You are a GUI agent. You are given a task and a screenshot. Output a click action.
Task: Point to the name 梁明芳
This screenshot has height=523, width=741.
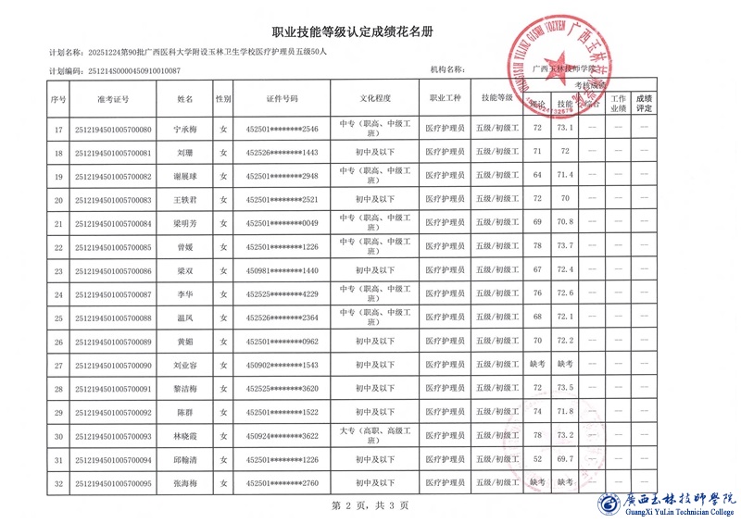pyautogui.click(x=185, y=223)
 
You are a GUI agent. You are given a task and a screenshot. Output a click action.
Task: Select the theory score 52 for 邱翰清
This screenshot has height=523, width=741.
pyautogui.click(x=537, y=459)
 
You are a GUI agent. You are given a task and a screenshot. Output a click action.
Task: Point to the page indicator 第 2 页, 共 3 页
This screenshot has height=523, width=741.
pyautogui.click(x=370, y=505)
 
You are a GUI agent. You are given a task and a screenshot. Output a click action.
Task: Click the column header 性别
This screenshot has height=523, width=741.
pyautogui.click(x=223, y=98)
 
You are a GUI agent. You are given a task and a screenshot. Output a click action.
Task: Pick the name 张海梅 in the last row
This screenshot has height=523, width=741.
pyautogui.click(x=185, y=483)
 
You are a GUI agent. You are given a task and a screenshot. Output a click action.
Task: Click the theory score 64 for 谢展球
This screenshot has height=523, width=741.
pyautogui.click(x=537, y=175)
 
